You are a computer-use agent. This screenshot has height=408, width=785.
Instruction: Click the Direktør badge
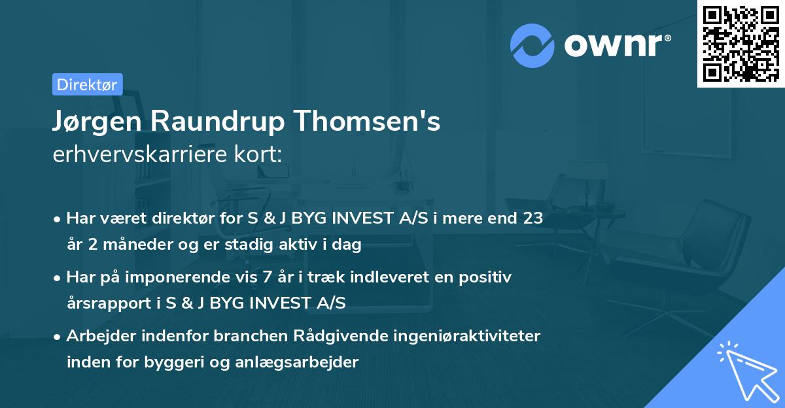pyautogui.click(x=87, y=84)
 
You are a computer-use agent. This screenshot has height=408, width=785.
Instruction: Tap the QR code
pyautogui.click(x=741, y=43)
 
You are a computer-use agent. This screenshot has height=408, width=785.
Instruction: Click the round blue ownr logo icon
pyautogui.click(x=532, y=45)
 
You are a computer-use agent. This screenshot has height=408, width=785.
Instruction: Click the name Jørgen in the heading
pyautogui.click(x=99, y=122)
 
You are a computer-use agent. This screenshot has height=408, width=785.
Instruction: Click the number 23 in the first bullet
pyautogui.click(x=532, y=218)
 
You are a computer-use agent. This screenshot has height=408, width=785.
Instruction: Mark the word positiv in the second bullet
pyautogui.click(x=488, y=277)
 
